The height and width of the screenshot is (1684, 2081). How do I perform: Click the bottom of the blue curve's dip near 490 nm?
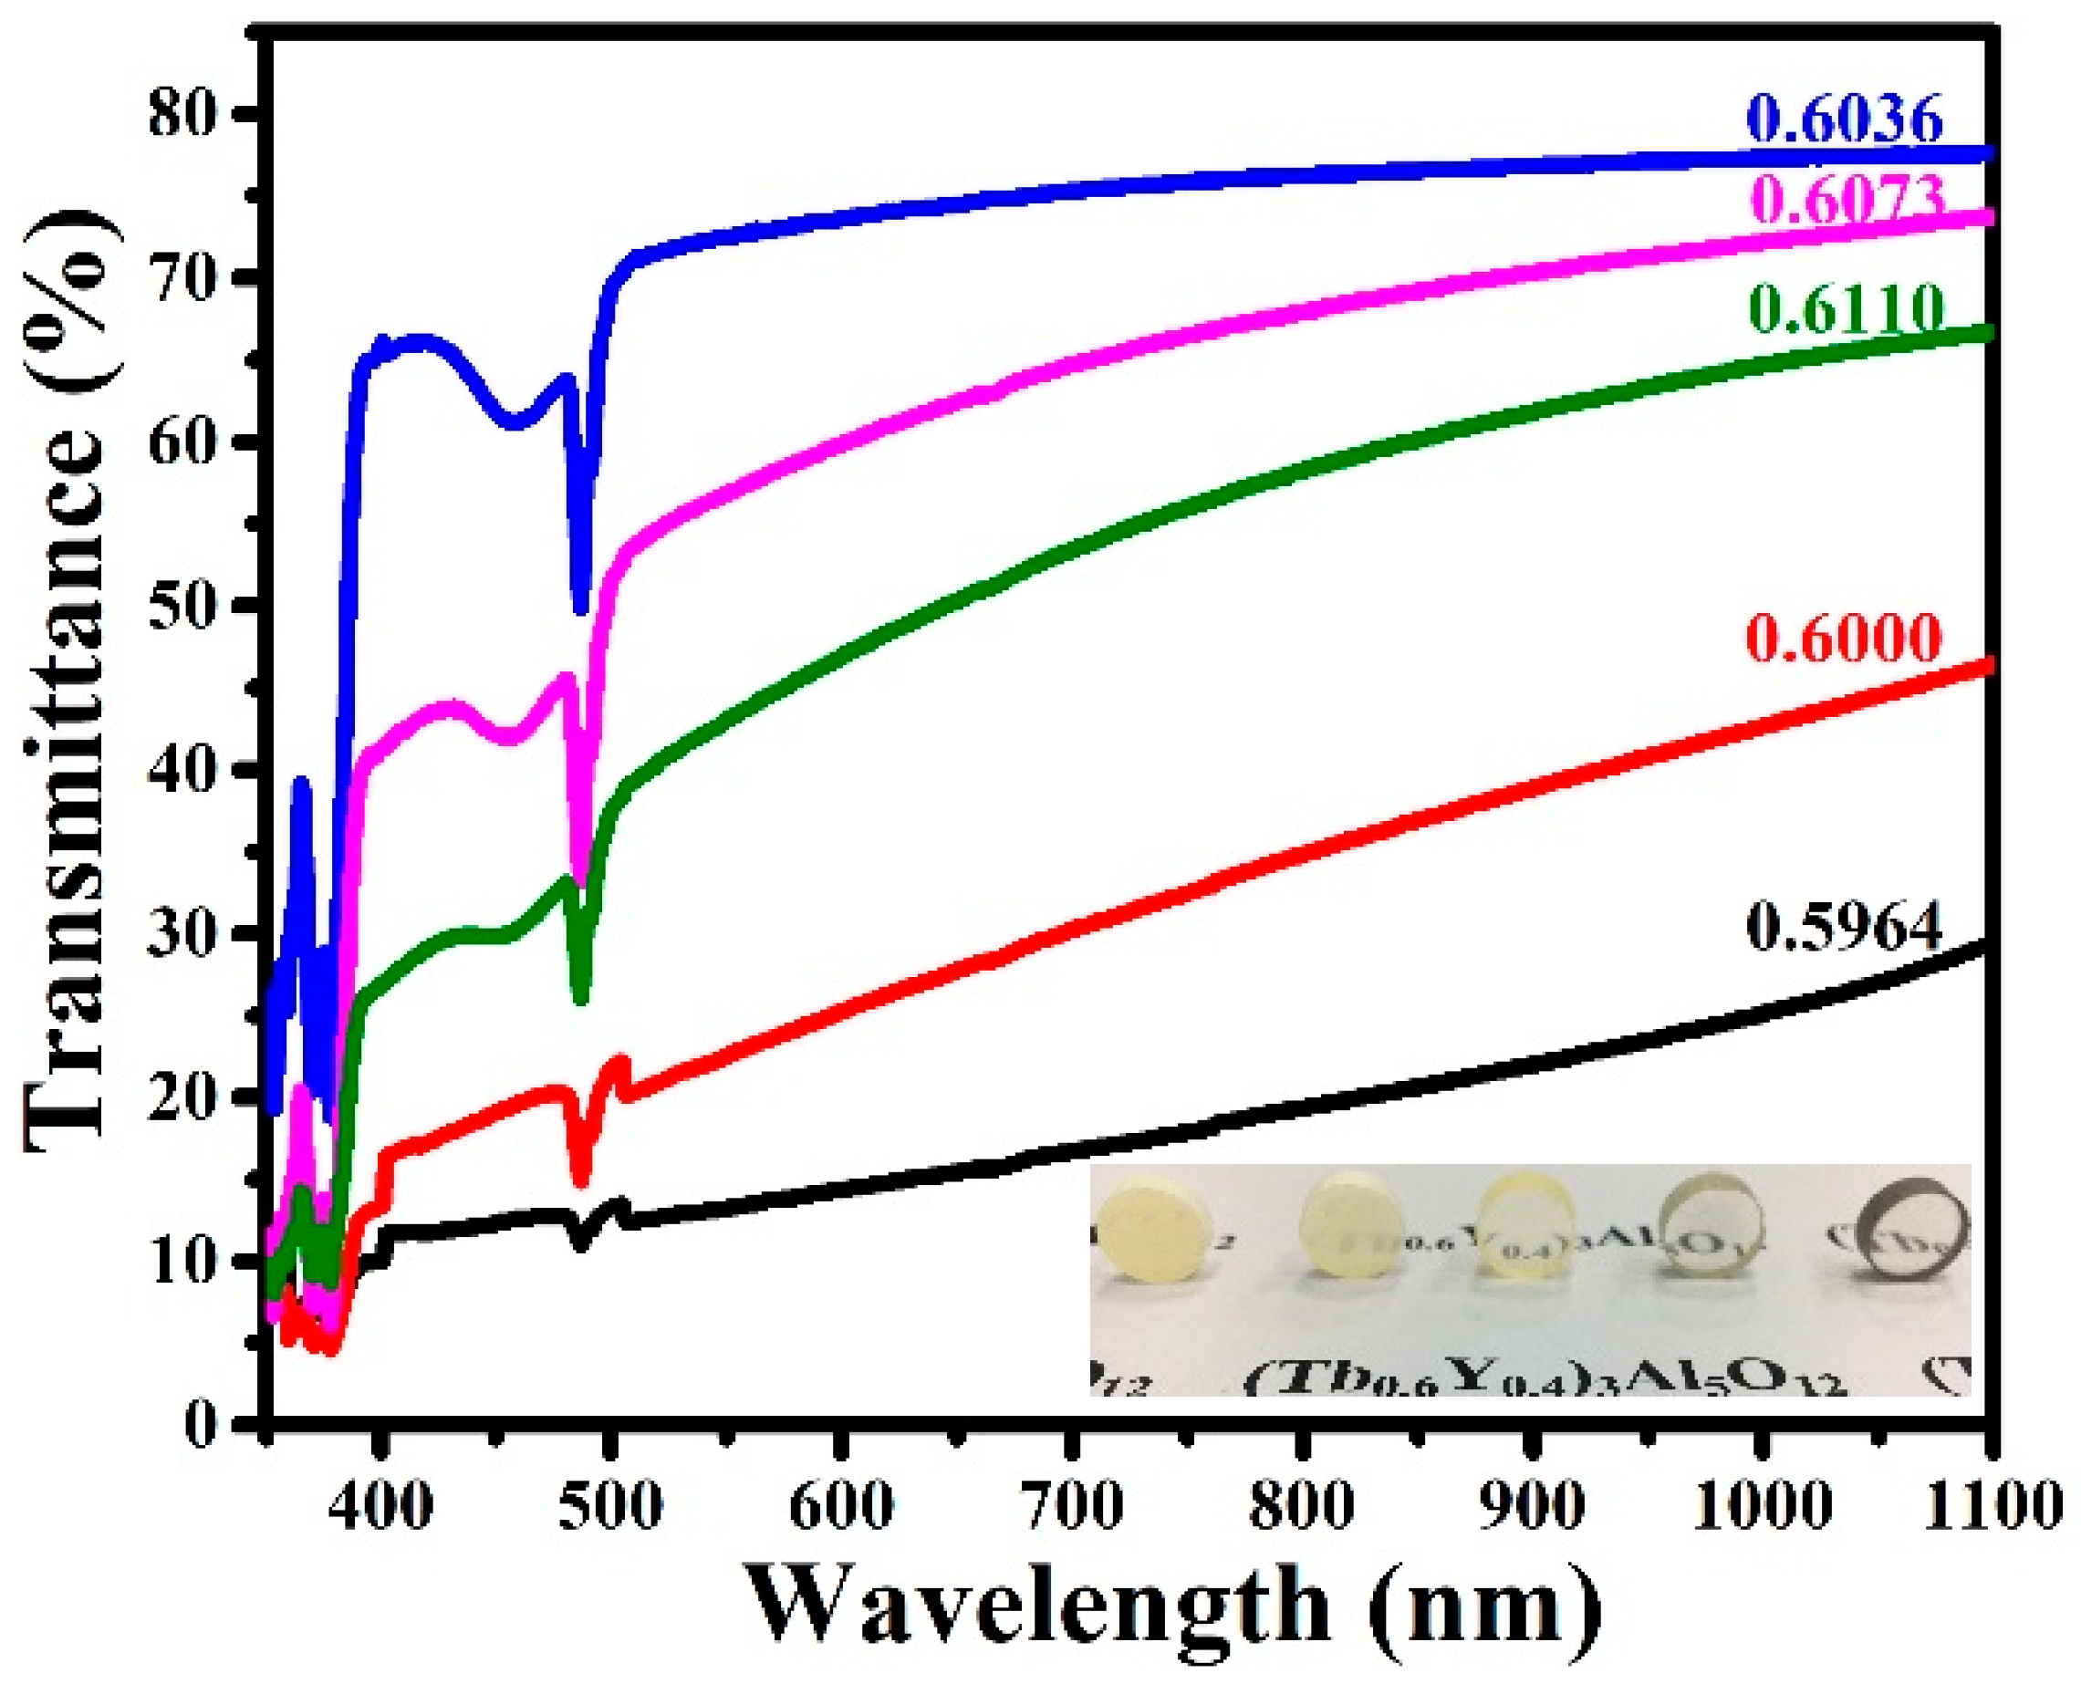click(580, 609)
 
